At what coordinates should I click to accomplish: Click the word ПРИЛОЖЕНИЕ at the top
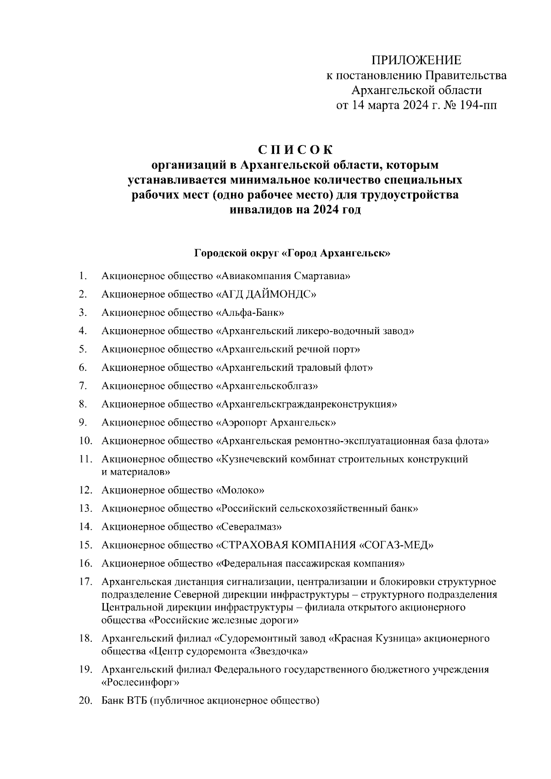tap(416, 60)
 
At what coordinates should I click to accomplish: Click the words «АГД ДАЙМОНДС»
tap(266, 294)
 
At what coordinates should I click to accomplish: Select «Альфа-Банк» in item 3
tap(250, 313)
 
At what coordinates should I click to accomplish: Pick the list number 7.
tap(83, 386)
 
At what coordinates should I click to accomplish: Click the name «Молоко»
tap(240, 490)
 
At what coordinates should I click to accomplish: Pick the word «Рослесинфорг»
tap(140, 683)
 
